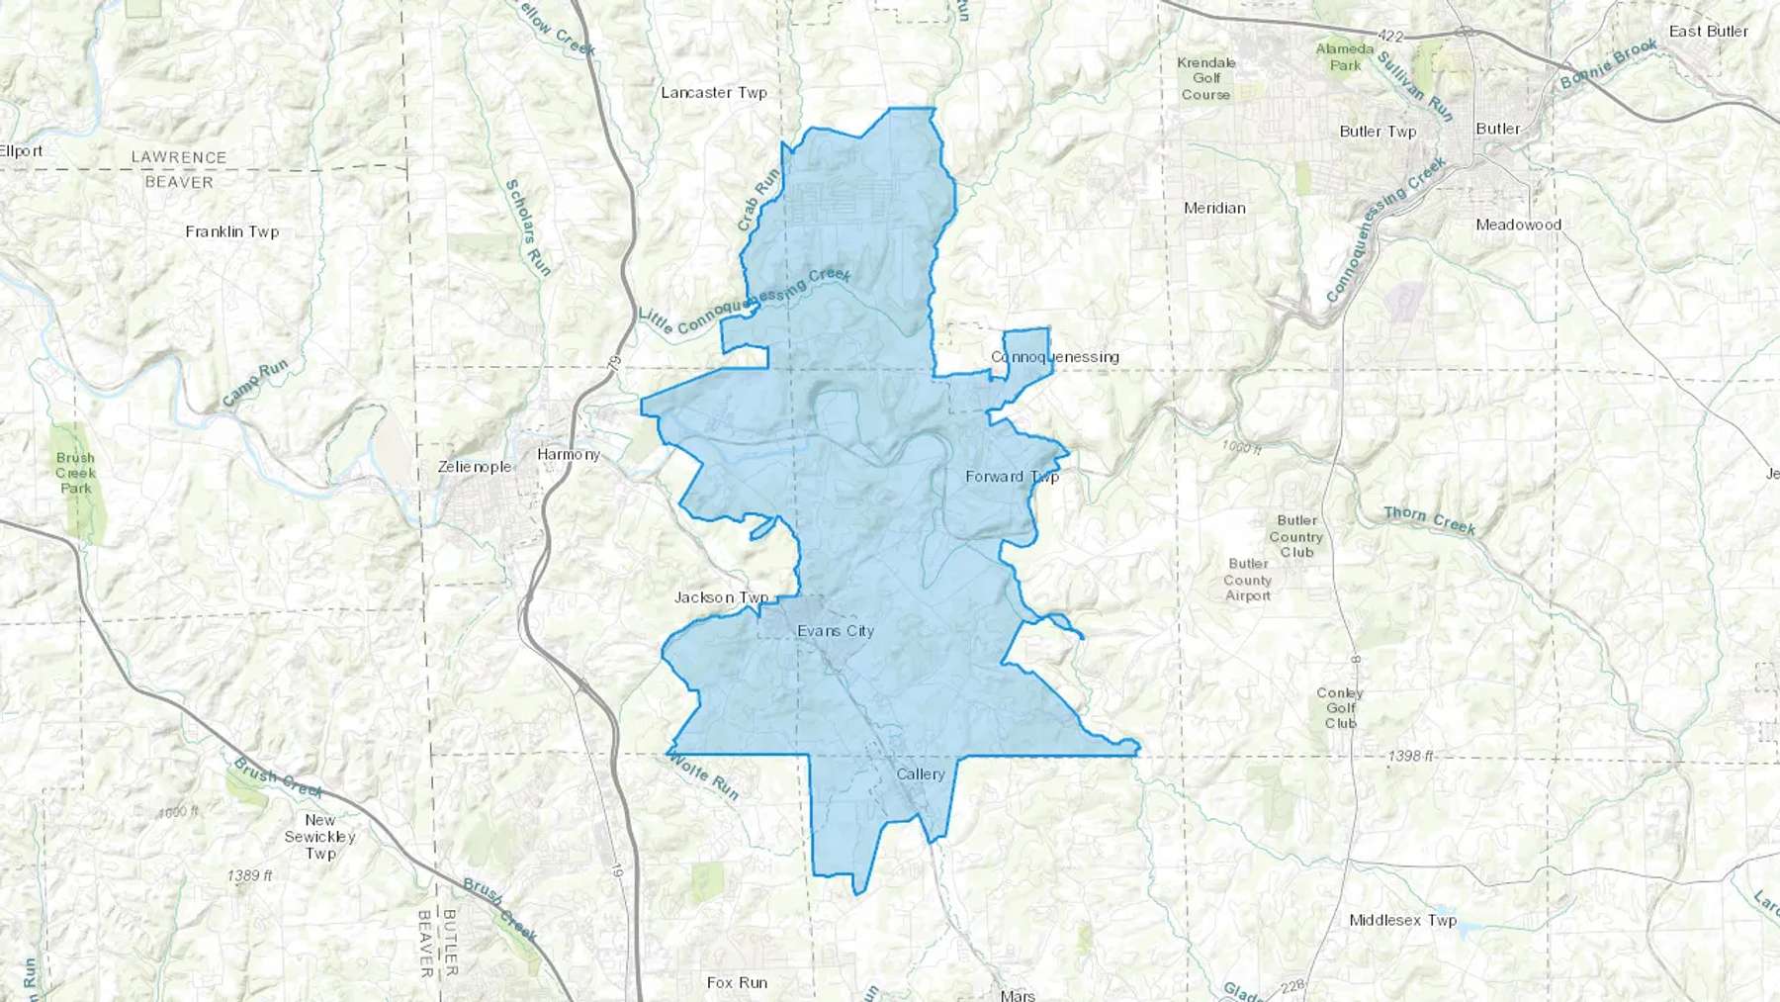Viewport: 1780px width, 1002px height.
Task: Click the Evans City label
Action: click(836, 631)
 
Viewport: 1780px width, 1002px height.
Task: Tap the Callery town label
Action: click(921, 774)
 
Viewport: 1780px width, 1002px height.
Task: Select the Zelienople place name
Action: click(475, 467)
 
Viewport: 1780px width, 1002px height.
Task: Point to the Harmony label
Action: click(569, 455)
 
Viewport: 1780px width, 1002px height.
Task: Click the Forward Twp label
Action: click(1012, 477)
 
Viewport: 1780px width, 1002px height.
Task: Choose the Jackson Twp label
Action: click(721, 597)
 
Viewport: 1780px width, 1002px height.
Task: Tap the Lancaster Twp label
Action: click(714, 93)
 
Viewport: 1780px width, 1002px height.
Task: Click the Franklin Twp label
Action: click(232, 232)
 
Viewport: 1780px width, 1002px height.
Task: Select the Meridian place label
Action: click(1214, 209)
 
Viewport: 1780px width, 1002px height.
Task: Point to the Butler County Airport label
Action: click(1247, 580)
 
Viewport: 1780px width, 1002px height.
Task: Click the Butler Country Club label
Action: click(1296, 536)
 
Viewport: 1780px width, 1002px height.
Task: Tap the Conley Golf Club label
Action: click(1340, 708)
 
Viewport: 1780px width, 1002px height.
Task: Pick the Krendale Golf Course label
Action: click(1206, 78)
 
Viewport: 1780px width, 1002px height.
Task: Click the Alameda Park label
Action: click(1345, 56)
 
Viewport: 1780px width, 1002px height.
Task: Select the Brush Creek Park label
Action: click(75, 473)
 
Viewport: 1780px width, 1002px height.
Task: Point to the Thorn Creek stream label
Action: click(1429, 520)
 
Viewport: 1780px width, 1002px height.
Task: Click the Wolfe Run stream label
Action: click(701, 774)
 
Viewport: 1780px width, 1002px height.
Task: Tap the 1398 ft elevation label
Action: click(1410, 756)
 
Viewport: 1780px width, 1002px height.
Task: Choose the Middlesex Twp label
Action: click(1402, 921)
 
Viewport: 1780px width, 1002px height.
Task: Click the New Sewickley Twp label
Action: click(319, 837)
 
